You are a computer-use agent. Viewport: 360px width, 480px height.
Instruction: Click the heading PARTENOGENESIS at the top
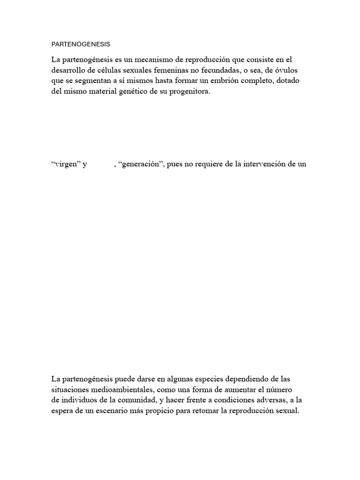(81, 45)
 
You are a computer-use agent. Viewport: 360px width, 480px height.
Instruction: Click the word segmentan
(93, 81)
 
